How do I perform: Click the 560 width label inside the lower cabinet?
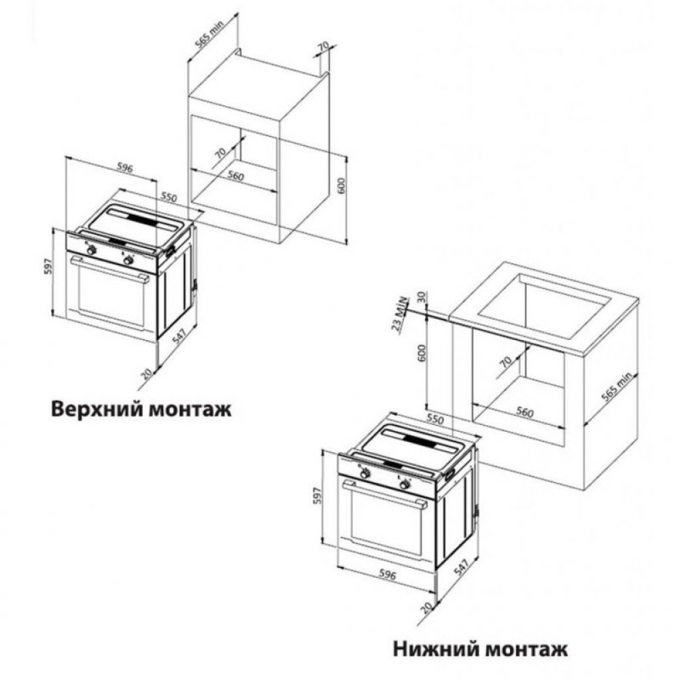tap(524, 412)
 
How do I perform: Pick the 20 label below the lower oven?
tap(425, 607)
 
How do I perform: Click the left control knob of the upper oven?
tap(91, 250)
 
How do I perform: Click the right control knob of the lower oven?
tap(405, 484)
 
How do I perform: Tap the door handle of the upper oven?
tap(112, 270)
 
